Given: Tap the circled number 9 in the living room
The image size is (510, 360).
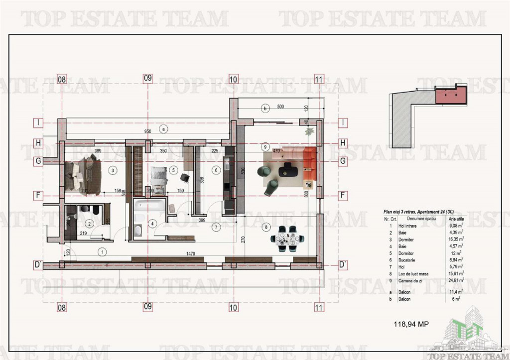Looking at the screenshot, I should pos(265,147).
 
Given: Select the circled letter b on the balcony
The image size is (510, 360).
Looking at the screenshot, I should pos(265,108).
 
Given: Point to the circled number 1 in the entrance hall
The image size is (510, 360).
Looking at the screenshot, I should pos(102,251).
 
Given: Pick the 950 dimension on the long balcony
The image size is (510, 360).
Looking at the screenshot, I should pos(148,131).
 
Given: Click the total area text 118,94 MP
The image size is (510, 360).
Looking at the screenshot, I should pos(411,324).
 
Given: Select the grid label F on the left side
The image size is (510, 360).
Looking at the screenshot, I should pos(37,195).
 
